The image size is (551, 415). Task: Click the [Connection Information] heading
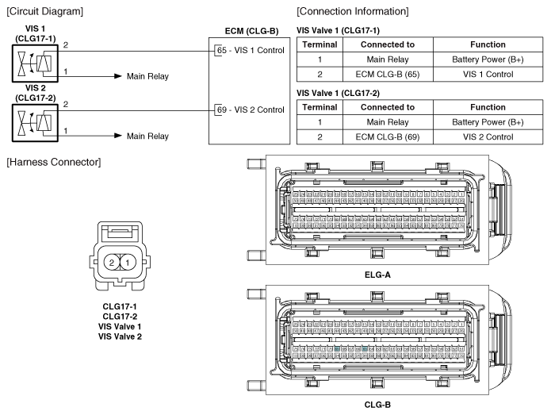click(x=352, y=11)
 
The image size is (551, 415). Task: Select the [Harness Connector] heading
click(x=48, y=163)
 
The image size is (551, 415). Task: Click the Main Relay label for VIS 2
click(x=147, y=136)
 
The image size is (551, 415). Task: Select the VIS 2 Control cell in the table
click(x=492, y=137)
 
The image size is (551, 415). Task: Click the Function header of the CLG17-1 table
click(x=492, y=45)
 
